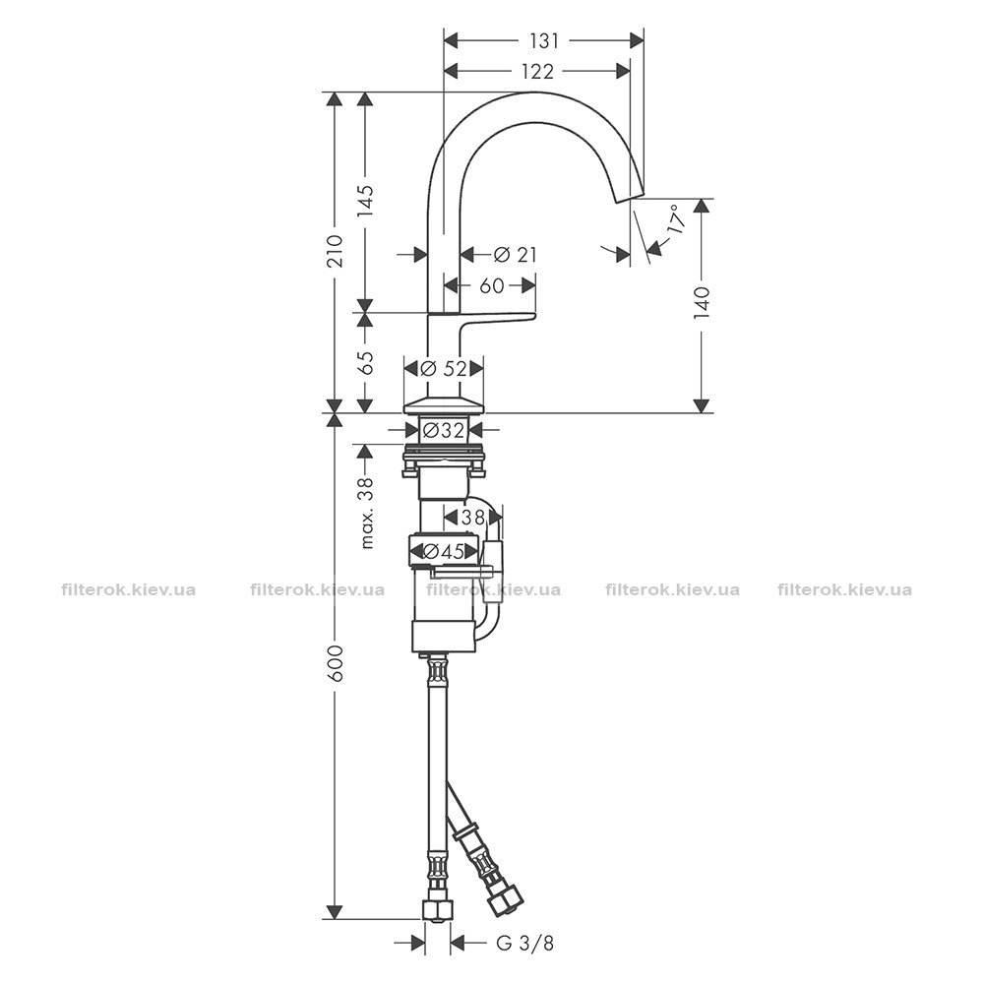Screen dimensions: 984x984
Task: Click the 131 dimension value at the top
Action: click(543, 40)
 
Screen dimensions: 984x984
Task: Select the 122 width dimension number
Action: click(538, 72)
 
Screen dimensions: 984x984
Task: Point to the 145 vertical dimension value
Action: click(366, 201)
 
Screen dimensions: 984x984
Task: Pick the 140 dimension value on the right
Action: click(703, 304)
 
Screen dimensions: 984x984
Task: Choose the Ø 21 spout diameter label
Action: click(516, 254)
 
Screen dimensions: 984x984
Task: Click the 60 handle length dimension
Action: click(491, 285)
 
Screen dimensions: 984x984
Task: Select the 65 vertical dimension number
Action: click(366, 362)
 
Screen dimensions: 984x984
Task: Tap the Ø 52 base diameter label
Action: click(445, 368)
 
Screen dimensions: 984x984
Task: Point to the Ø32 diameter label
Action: click(443, 430)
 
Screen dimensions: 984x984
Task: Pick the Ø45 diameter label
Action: click(444, 551)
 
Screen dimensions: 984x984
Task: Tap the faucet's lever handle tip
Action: click(534, 314)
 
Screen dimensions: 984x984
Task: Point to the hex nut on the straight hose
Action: click(436, 909)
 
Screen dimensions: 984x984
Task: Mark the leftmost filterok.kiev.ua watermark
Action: click(129, 589)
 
